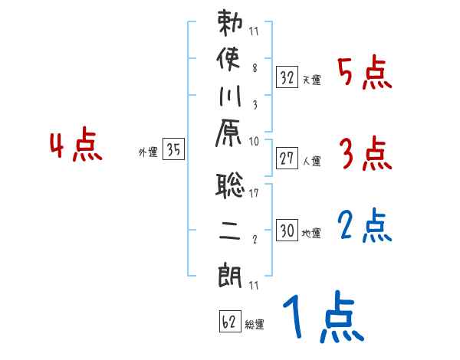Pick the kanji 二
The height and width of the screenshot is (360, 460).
pos(231,230)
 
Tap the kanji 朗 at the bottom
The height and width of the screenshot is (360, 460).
pos(231,271)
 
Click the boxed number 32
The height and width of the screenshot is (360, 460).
pos(287,77)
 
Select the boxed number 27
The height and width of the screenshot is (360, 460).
pos(287,159)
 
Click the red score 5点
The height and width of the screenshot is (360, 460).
pos(365,74)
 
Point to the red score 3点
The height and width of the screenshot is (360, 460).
pos(365,155)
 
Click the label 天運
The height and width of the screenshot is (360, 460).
pos(312,80)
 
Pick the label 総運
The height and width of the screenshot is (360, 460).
pos(255,326)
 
